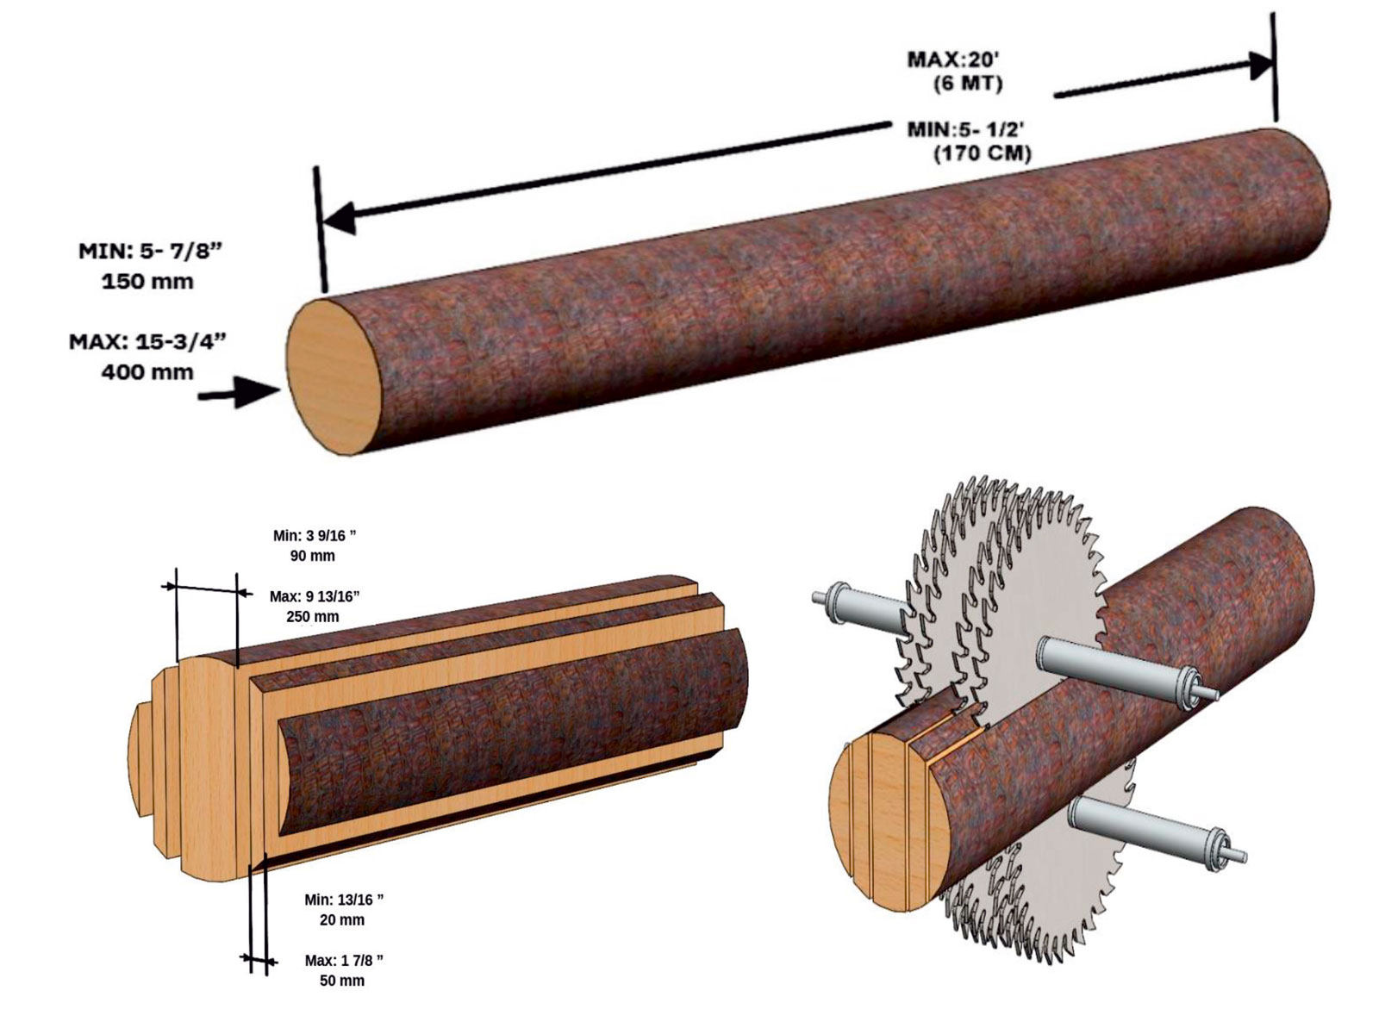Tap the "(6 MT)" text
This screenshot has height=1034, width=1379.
[x=968, y=84]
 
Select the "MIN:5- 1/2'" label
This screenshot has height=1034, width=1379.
[x=965, y=129]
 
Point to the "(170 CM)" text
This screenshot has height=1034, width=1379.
[x=983, y=154]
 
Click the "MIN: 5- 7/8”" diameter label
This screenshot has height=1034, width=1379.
[x=151, y=251]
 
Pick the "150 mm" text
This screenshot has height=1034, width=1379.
[x=147, y=282]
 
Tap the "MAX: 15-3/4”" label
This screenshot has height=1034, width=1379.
[x=147, y=341]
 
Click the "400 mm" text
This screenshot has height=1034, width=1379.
[x=147, y=372]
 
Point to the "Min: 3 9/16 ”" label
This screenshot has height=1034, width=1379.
[x=315, y=535]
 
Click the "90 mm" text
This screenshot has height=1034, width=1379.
[x=312, y=556]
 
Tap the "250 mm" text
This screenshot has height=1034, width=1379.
[x=312, y=617]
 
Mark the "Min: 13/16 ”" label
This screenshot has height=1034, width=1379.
[x=344, y=900]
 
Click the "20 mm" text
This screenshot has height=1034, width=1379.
[x=342, y=920]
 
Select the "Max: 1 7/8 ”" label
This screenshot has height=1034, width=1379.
[x=344, y=960]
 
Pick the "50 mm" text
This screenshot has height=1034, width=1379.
[x=342, y=981]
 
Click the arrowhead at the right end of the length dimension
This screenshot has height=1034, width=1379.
[x=1260, y=65]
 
